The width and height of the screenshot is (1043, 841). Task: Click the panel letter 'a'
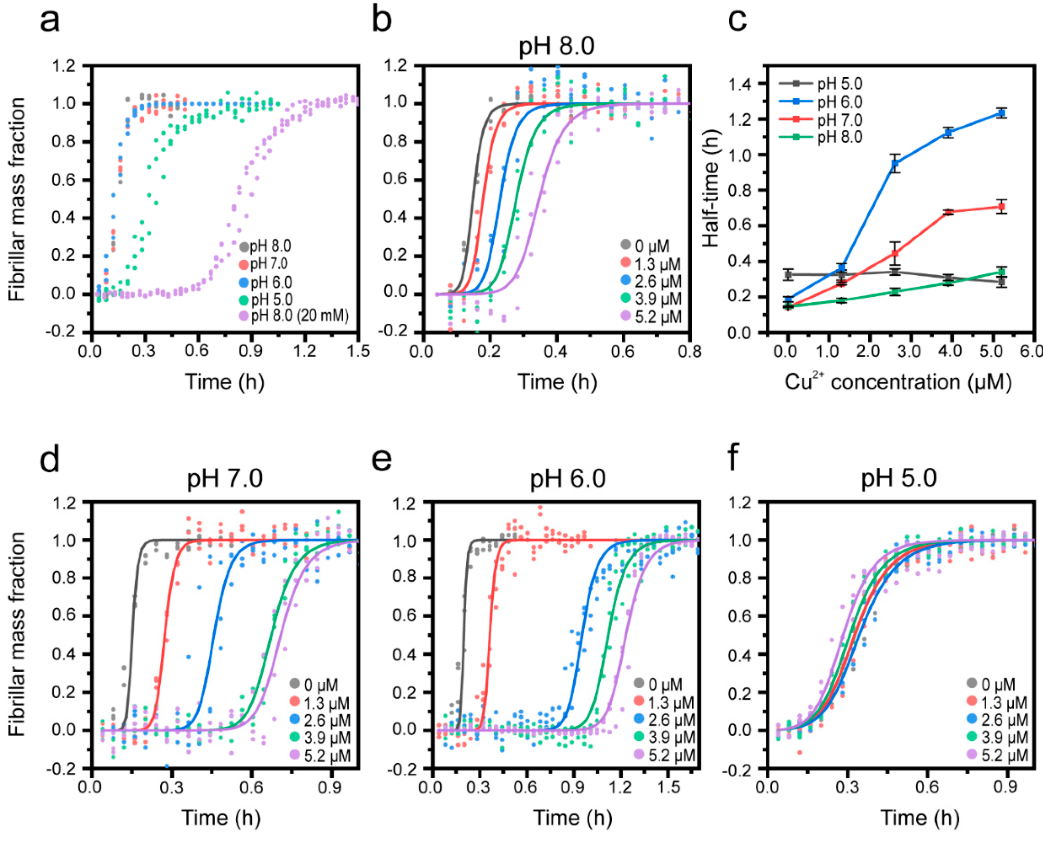50,22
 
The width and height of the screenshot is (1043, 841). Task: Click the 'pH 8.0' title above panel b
556,47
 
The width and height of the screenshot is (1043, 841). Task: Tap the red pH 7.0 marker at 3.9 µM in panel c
949,212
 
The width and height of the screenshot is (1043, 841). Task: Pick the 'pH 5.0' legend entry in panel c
839,84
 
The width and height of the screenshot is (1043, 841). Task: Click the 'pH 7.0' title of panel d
225,478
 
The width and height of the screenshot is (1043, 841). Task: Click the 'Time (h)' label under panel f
920,819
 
